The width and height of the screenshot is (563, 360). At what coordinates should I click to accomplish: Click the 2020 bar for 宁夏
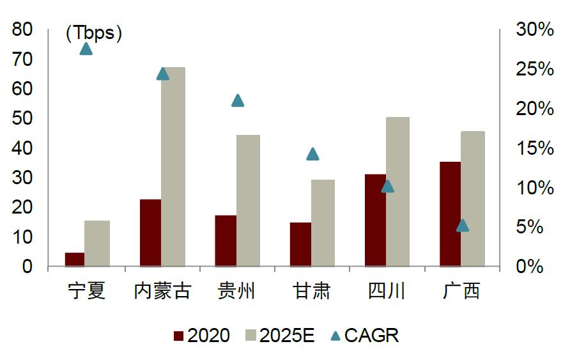point(75,260)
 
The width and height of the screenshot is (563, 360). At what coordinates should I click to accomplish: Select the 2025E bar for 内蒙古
point(173,166)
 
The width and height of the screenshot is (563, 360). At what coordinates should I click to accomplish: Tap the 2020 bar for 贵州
point(226,240)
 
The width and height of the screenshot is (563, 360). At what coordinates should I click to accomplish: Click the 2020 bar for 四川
point(375,220)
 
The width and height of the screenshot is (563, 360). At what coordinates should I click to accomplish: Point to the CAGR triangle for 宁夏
point(86,49)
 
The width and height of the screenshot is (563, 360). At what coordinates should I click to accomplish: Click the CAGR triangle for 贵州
point(238,100)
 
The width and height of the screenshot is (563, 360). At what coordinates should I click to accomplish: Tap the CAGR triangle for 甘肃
point(312,154)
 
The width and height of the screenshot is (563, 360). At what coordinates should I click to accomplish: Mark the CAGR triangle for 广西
point(463,225)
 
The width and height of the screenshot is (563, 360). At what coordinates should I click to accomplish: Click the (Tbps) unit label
point(94,33)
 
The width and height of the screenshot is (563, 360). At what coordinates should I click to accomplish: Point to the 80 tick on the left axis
point(22,29)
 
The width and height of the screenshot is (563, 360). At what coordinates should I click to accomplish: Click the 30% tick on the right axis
point(534,29)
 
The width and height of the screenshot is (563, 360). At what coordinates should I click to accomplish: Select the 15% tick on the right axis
point(534,148)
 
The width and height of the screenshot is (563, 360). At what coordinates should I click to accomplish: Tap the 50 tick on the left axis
point(22,118)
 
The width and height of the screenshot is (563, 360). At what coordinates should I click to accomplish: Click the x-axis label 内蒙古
point(162,292)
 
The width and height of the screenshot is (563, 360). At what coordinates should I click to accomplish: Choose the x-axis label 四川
point(387,292)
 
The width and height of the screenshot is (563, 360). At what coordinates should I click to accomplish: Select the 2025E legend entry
point(279,336)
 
